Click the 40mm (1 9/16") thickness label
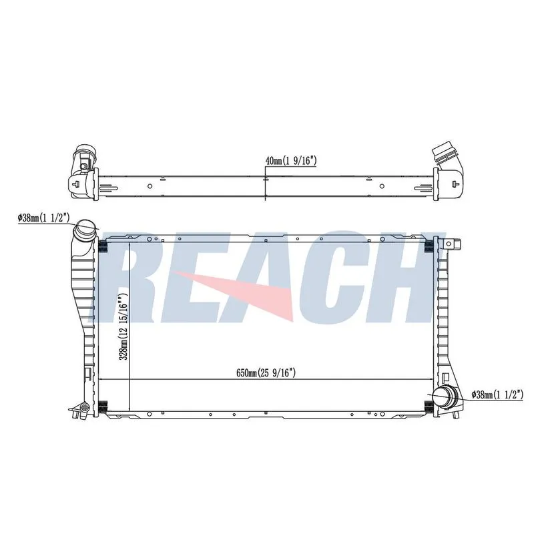(291, 161)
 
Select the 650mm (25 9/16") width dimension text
(266, 373)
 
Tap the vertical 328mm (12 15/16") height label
(123, 322)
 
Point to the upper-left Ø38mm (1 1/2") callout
(44, 218)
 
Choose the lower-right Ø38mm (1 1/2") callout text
(497, 394)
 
